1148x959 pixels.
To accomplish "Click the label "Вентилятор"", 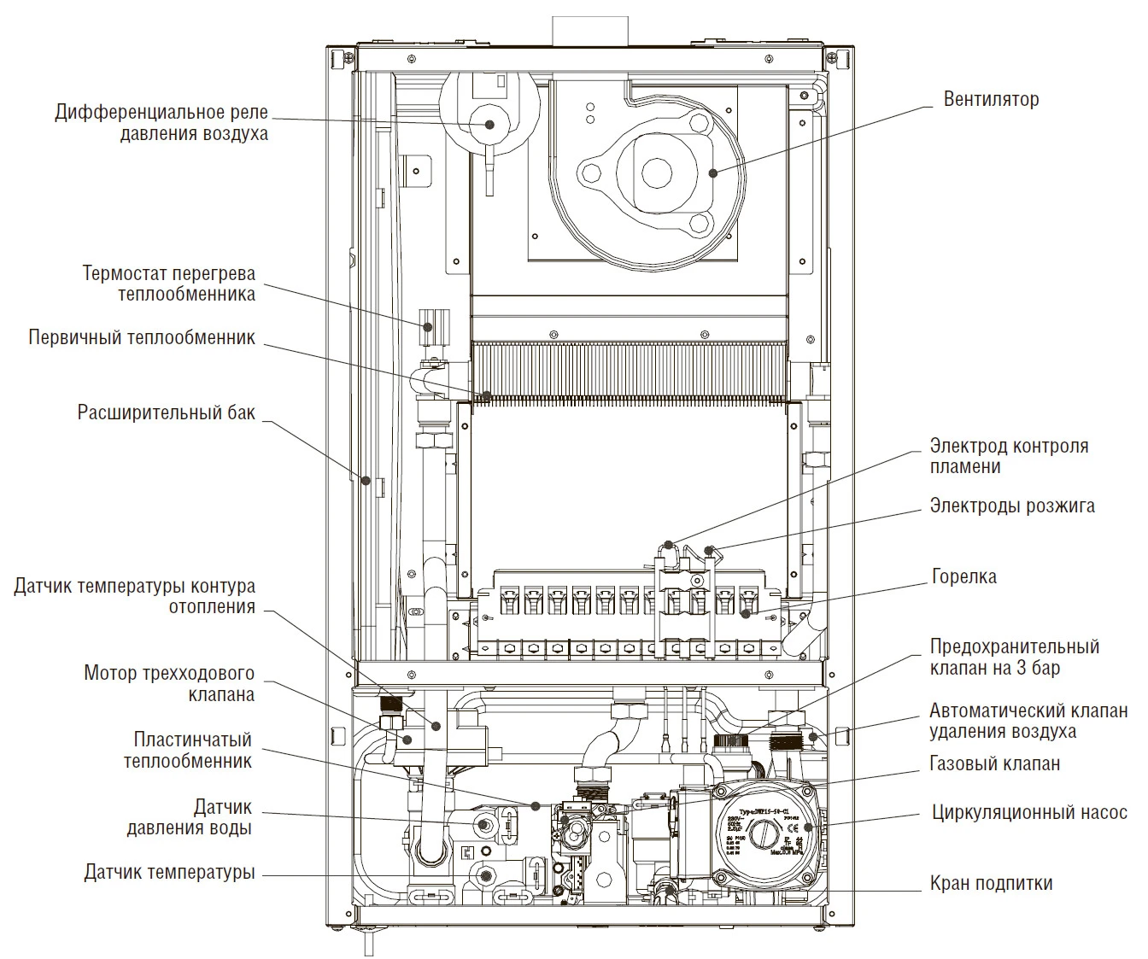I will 991,99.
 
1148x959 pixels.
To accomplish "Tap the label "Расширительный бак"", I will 166,413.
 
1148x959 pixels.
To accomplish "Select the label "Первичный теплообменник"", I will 142,337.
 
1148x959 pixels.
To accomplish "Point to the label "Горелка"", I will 963,576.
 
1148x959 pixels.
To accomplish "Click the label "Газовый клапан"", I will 994,763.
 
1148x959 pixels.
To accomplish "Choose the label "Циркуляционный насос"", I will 1029,812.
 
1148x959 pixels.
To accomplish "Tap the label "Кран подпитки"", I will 991,883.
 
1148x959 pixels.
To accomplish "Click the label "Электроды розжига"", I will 1011,506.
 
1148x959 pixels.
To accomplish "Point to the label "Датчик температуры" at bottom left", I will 169,873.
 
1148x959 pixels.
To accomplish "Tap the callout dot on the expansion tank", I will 366,481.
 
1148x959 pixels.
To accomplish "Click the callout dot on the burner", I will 746,613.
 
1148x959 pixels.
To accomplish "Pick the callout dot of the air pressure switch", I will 490,125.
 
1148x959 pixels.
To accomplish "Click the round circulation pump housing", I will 765,833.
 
